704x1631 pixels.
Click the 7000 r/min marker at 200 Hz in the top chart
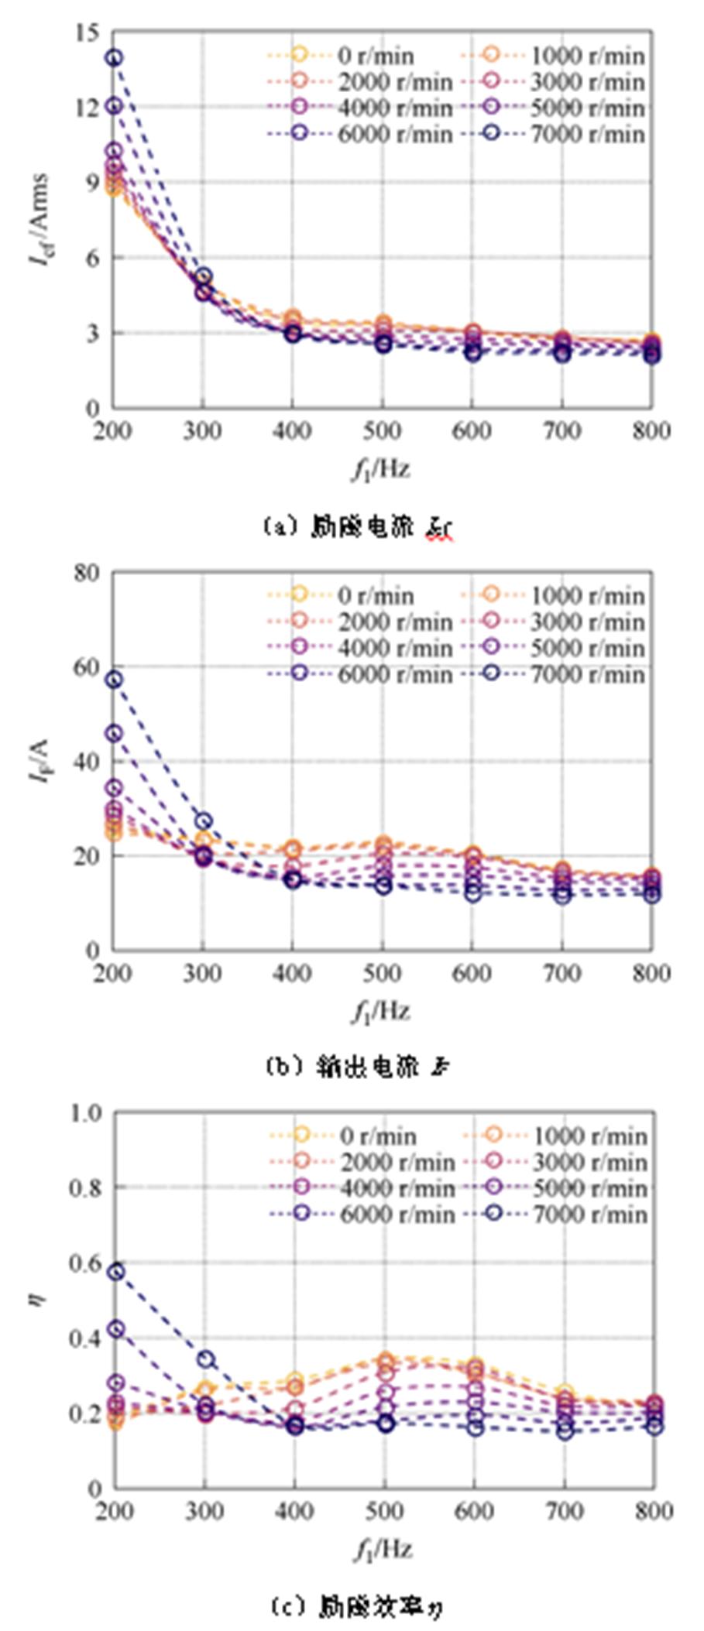click(115, 57)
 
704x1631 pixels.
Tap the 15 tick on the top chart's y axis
click(88, 33)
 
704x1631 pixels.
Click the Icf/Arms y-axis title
click(39, 220)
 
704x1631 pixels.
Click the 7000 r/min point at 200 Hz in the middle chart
click(115, 680)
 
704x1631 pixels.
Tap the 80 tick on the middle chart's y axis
click(87, 573)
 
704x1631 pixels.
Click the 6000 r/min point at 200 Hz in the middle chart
click(115, 733)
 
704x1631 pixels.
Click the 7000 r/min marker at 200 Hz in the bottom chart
click(115, 1271)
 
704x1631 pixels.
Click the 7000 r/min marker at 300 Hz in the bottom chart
click(205, 1359)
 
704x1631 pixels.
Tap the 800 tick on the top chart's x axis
click(651, 430)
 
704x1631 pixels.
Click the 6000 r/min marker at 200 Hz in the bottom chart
click(115, 1329)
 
